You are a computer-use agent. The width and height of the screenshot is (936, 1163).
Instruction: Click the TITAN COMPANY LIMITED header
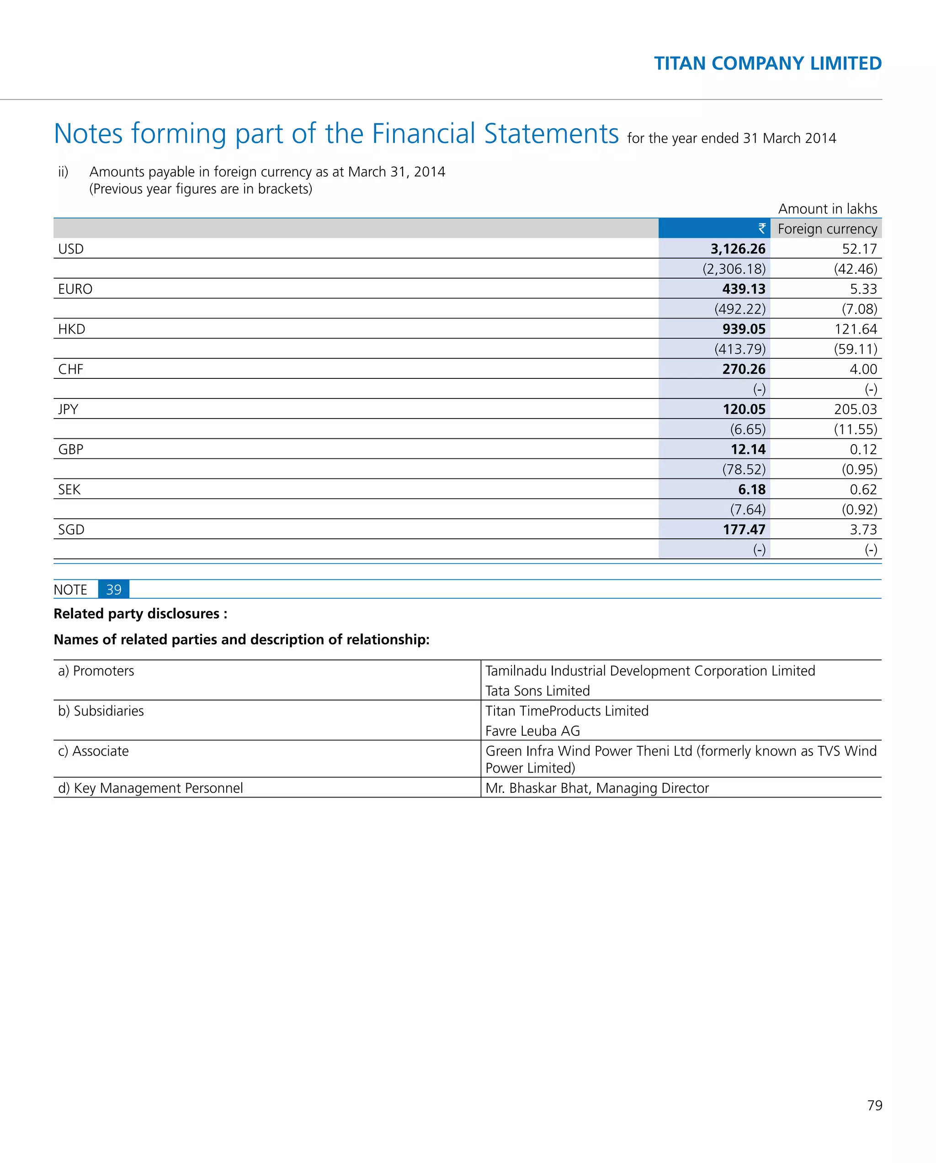pos(767,64)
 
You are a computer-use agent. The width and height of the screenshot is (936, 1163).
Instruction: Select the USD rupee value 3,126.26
pos(738,249)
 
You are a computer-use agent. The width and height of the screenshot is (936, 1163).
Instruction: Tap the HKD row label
pos(72,329)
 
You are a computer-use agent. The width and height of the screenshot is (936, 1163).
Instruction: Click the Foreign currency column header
pos(827,229)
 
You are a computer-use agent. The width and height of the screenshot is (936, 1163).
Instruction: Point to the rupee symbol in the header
pos(761,229)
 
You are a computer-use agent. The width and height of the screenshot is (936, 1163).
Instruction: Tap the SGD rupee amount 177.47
pos(744,530)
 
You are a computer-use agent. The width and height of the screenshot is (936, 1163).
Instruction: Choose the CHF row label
pos(71,370)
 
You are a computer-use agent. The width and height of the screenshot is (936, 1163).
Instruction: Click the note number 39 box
pos(113,589)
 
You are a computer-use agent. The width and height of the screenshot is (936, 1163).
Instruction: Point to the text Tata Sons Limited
pos(537,691)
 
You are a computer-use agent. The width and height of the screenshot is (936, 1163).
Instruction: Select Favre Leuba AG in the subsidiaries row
pos(532,731)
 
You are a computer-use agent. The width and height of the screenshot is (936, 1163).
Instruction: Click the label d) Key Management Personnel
pos(150,788)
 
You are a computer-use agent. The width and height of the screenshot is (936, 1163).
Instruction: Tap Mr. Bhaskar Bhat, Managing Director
pos(597,788)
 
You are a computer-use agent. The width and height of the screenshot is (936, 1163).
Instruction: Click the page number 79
pos(874,1105)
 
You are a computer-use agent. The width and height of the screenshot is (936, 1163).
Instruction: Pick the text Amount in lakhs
pos(827,209)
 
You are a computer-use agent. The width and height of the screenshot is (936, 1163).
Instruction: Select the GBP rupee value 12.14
pos(748,449)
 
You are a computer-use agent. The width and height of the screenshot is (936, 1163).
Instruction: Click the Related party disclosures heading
pos(140,614)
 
